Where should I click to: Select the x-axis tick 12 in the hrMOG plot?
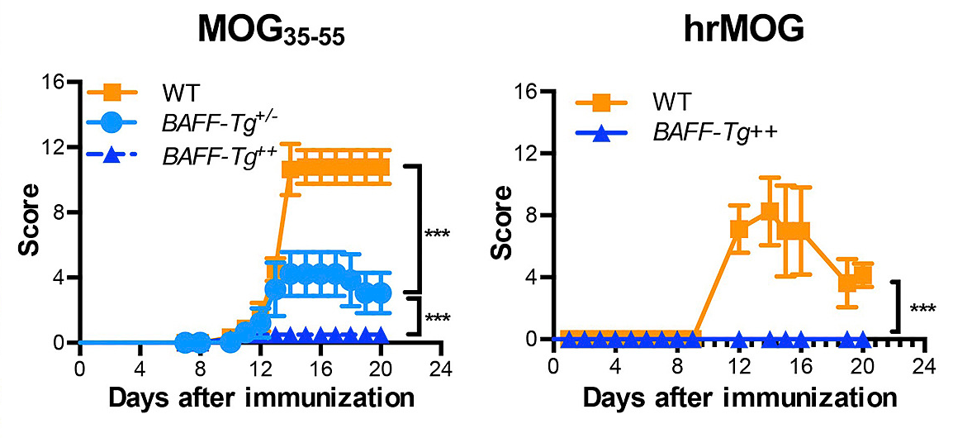click(739, 364)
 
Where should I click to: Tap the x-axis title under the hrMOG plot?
click(739, 398)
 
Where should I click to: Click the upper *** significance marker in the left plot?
click(437, 234)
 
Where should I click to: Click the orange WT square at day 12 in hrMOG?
click(739, 229)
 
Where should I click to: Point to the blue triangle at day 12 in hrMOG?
click(739, 339)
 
